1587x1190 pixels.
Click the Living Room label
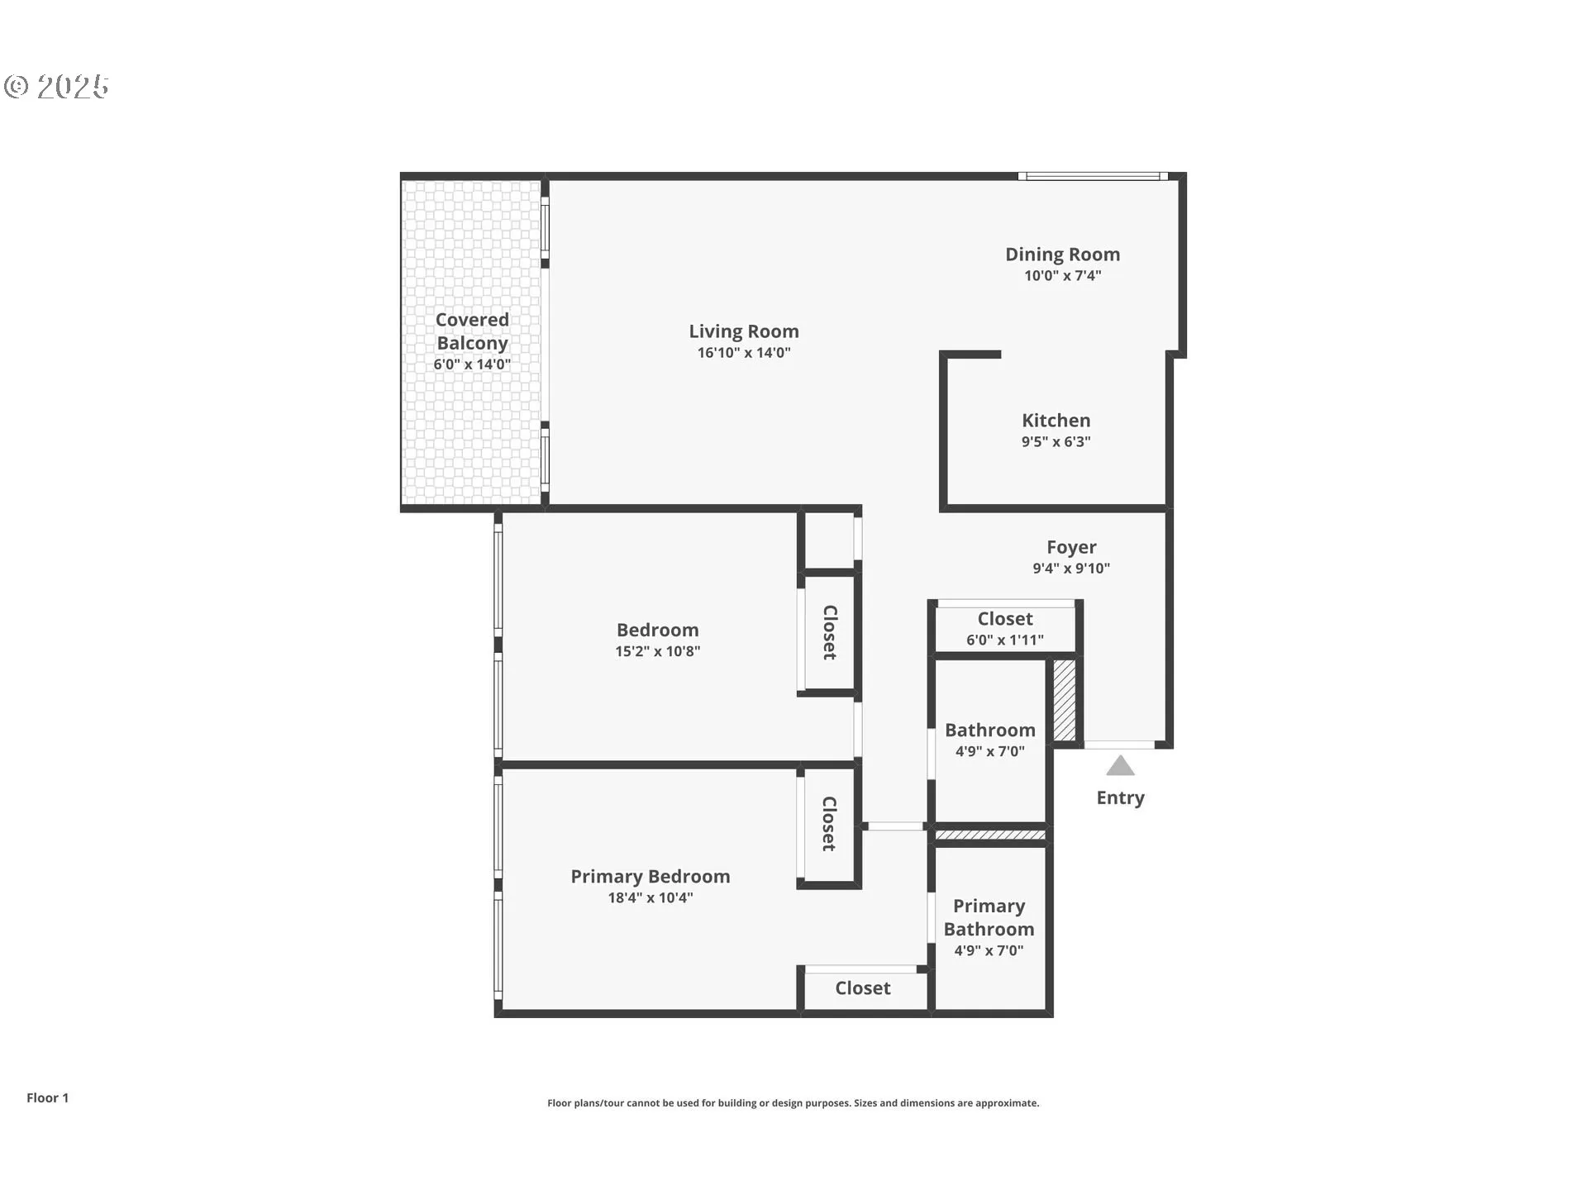point(744,331)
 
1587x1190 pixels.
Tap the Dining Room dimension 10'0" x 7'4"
point(1062,276)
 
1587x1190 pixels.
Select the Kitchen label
point(1056,421)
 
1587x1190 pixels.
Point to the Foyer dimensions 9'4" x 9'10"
point(1071,569)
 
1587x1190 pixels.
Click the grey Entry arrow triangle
point(1120,767)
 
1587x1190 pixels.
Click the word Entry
point(1120,798)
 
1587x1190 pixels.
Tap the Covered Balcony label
point(472,331)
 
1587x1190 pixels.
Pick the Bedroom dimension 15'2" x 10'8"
point(657,651)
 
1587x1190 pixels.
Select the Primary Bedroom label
point(650,877)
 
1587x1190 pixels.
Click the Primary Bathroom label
point(989,918)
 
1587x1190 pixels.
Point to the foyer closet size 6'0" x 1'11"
point(1004,640)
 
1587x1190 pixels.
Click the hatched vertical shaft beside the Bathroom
point(1064,700)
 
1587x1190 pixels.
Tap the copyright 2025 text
point(56,87)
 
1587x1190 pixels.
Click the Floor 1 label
point(47,1098)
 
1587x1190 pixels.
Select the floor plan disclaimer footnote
point(793,1103)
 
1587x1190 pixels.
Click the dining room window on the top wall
point(1092,176)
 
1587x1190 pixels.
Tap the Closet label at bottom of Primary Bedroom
point(862,988)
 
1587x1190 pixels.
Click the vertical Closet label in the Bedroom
point(830,632)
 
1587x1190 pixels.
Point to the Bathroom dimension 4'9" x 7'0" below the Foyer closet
point(989,752)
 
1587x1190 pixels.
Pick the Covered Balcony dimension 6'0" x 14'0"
point(472,364)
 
